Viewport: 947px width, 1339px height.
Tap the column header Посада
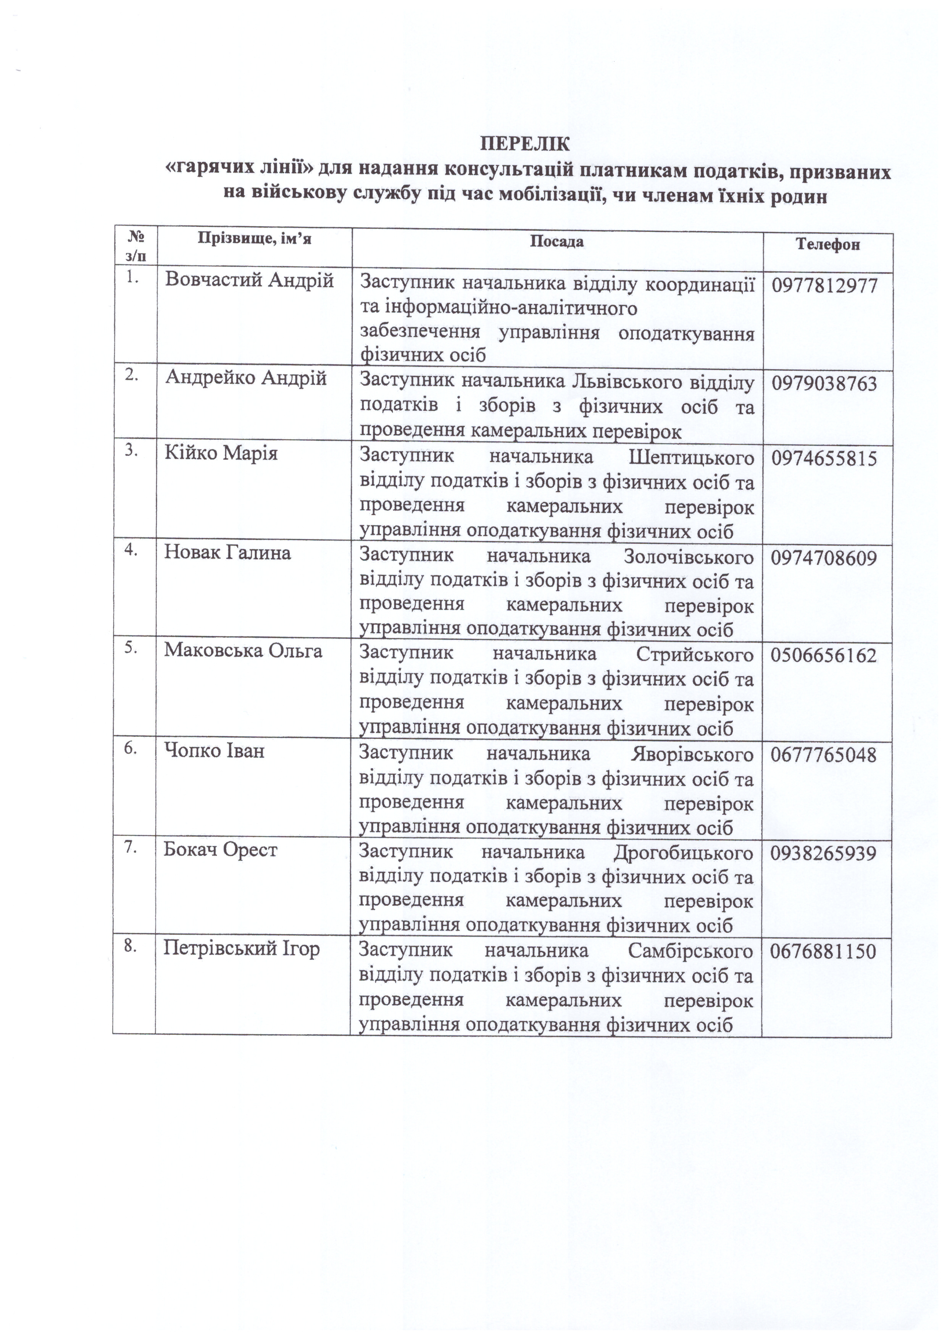[x=557, y=241]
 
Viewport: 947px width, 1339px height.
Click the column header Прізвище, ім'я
[x=254, y=239]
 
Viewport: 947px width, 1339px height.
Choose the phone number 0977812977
[x=824, y=286]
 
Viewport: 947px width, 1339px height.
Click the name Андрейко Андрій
[x=245, y=378]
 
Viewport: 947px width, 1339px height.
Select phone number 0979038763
[x=824, y=383]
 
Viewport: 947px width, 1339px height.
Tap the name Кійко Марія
[x=221, y=453]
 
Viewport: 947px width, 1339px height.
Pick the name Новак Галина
[x=227, y=552]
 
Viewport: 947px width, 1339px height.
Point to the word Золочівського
[x=688, y=557]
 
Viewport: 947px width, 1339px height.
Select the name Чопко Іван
[x=214, y=751]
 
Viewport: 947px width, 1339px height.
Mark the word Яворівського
[x=692, y=755]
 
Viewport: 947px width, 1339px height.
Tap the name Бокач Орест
[x=220, y=850]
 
